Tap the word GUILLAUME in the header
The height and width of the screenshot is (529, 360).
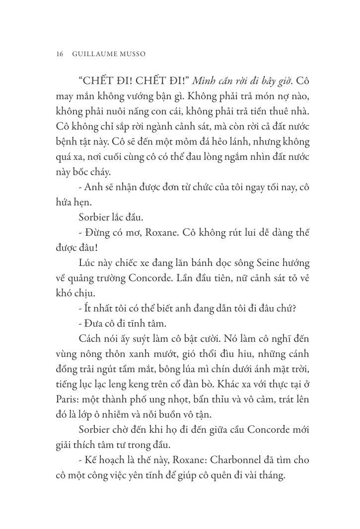tap(96, 54)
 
